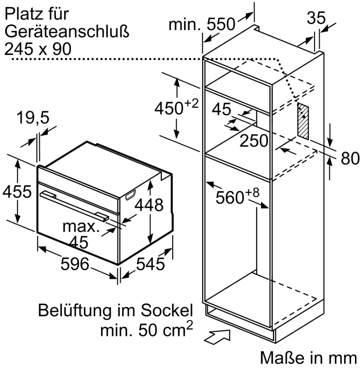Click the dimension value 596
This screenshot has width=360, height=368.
(75, 264)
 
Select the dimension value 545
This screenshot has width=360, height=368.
(150, 264)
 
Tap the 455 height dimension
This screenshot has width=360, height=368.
(17, 191)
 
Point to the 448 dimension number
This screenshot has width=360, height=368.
(149, 205)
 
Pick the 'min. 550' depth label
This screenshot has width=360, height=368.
(202, 24)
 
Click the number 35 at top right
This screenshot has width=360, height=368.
(316, 18)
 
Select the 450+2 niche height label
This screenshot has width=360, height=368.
(176, 107)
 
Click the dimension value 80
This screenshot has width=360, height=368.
(350, 158)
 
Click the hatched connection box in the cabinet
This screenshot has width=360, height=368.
(303, 121)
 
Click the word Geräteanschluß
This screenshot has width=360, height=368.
(67, 32)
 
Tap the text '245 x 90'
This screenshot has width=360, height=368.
(38, 49)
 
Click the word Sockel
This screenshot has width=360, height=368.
(167, 310)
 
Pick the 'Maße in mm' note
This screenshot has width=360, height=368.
(308, 358)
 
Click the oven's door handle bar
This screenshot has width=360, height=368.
(74, 205)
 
